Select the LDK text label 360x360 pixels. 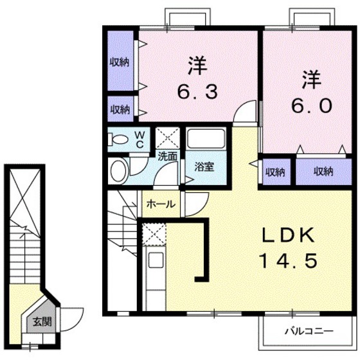[287, 236]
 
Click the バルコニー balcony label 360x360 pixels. [309, 332]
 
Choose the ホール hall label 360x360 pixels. [161, 204]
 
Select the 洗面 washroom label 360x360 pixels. [168, 155]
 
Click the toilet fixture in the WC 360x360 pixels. [118, 139]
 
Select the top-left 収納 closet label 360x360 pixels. [119, 63]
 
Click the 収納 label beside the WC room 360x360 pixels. [119, 109]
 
